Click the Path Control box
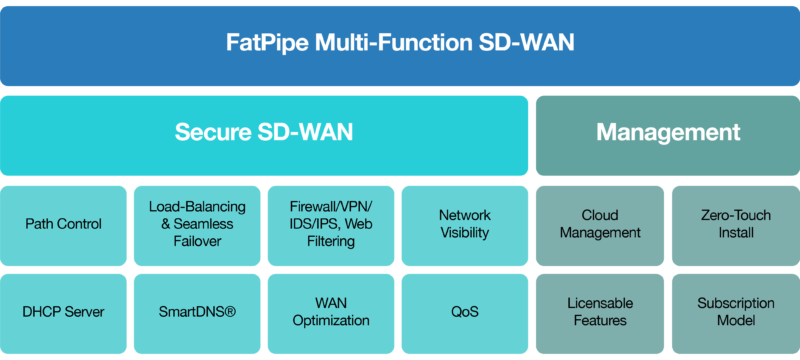tap(64, 224)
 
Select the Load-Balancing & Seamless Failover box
tap(198, 224)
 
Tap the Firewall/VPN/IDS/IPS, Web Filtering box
tap(331, 224)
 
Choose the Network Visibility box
tap(465, 224)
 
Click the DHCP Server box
tap(64, 312)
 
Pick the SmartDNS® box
tap(198, 312)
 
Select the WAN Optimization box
tap(331, 312)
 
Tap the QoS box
tap(465, 312)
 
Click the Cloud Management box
tap(600, 224)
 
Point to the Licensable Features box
tap(600, 312)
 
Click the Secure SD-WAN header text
tap(264, 133)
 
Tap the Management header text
tap(668, 133)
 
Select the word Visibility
tap(465, 233)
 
